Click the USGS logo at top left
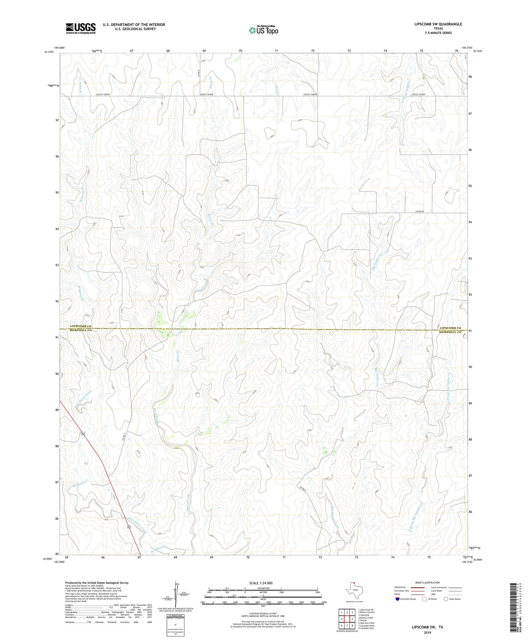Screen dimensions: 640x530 (81, 28)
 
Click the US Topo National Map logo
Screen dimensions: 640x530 (263, 30)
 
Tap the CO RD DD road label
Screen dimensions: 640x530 (419, 211)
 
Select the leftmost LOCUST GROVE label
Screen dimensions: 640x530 (103, 95)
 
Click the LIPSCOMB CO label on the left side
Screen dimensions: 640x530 (81, 326)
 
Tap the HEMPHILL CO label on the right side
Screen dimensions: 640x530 (450, 333)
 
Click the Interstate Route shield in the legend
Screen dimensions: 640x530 (397, 599)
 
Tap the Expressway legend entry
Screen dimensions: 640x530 (410, 587)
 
